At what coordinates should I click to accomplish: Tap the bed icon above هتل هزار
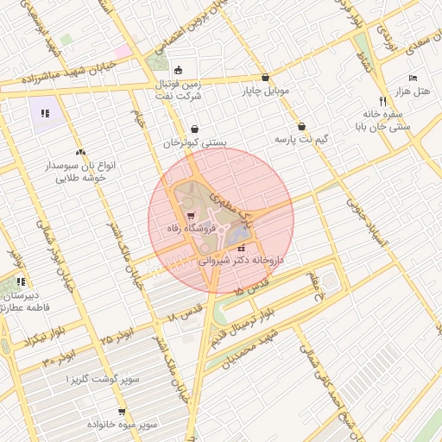pos(412,77)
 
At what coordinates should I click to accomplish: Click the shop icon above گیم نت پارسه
pos(301,125)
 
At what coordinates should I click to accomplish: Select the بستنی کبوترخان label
pos(193,142)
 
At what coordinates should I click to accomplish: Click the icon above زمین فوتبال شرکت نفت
pos(178,70)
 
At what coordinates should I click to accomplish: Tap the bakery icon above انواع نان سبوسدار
pos(80,152)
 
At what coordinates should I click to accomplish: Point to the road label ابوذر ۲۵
pos(117,331)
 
